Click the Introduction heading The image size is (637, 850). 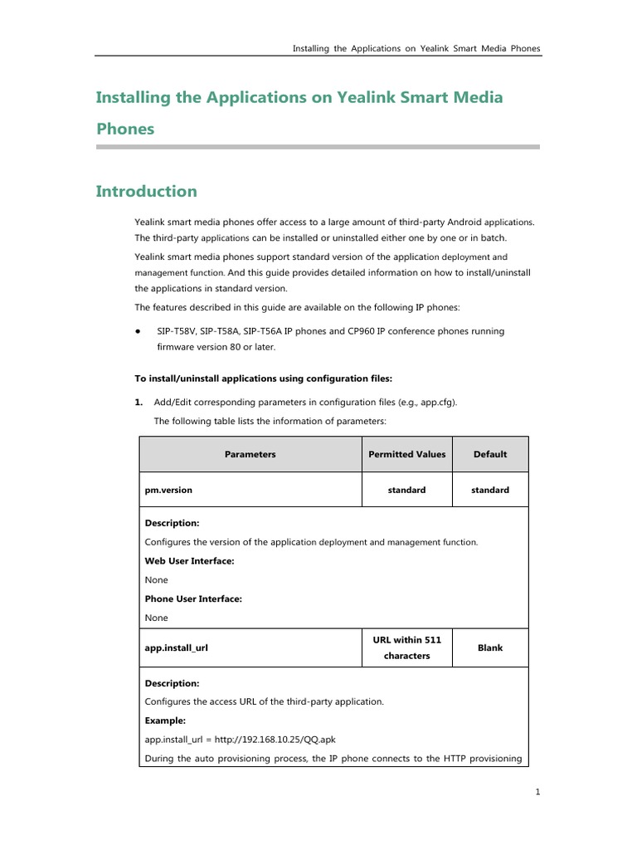(x=146, y=192)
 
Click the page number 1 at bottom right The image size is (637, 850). (x=537, y=792)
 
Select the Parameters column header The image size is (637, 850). (x=250, y=454)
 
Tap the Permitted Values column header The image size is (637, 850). (x=406, y=454)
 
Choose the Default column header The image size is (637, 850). (x=489, y=454)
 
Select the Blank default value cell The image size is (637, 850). (x=489, y=647)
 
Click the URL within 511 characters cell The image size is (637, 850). (x=406, y=647)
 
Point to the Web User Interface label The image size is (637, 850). (x=189, y=561)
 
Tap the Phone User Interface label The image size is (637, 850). (x=193, y=598)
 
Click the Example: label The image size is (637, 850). (x=165, y=720)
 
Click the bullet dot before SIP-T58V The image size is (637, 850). (x=138, y=331)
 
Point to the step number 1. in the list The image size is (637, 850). (x=139, y=402)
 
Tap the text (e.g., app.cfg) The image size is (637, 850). (x=425, y=402)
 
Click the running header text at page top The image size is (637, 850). (x=416, y=48)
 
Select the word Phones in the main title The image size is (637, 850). (x=125, y=129)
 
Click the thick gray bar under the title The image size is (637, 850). (x=318, y=147)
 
